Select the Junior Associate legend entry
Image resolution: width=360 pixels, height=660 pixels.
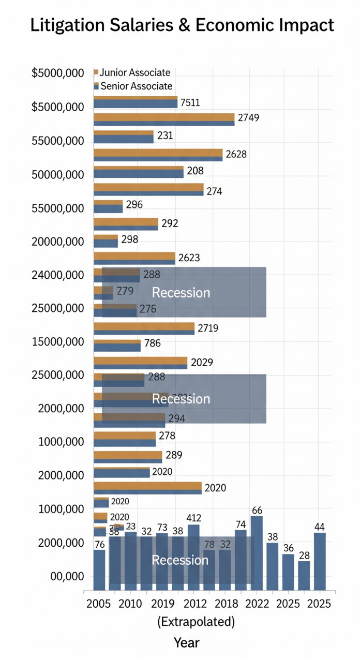(134, 73)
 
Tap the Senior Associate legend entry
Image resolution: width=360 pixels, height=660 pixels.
(136, 86)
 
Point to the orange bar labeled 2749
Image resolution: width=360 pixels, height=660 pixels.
(164, 116)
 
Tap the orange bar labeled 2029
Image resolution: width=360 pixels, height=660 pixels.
(140, 360)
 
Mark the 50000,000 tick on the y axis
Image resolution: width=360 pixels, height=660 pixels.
(57, 174)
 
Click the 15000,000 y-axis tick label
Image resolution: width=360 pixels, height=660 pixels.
(57, 342)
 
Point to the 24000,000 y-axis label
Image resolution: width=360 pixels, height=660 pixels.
(57, 275)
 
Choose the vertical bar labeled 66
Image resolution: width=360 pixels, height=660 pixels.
(257, 552)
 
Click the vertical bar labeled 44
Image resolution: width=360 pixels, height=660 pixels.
(320, 561)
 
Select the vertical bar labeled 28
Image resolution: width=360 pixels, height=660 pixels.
(304, 575)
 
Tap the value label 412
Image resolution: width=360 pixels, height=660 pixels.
(193, 518)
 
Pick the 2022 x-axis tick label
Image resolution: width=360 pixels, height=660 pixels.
(257, 604)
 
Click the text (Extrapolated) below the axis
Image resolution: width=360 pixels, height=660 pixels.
(196, 621)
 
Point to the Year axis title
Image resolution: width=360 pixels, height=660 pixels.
(186, 643)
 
